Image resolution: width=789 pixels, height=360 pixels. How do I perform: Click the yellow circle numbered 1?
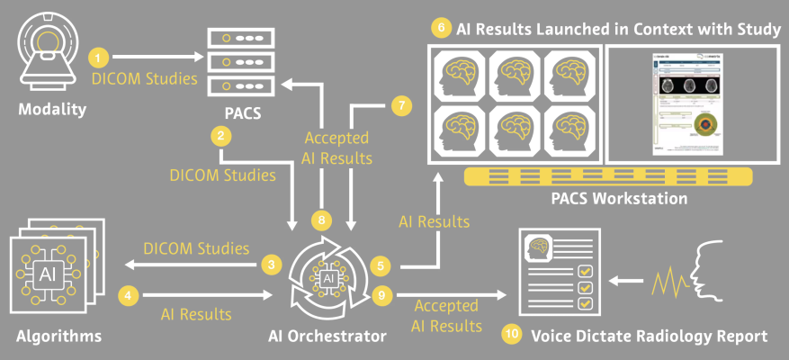tap(100, 58)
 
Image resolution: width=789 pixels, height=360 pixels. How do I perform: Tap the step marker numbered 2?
tap(219, 137)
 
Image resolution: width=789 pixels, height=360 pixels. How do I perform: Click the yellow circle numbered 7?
tap(402, 105)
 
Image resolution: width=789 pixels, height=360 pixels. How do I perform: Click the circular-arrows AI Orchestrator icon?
tap(329, 280)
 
